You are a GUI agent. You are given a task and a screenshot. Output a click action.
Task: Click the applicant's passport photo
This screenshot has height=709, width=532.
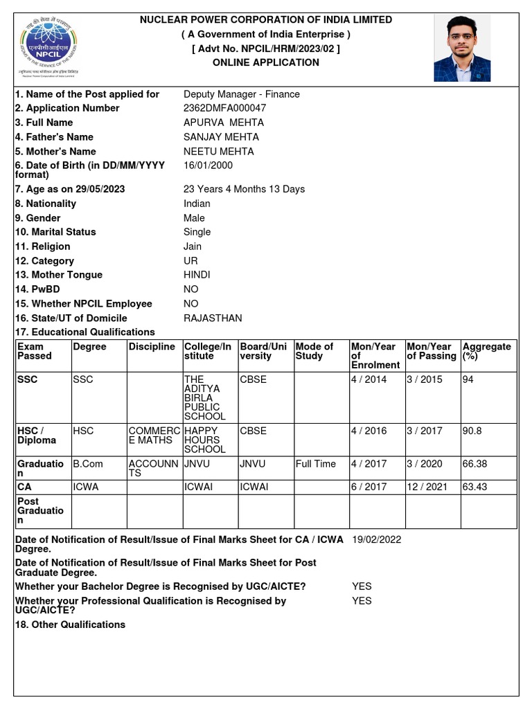click(x=462, y=48)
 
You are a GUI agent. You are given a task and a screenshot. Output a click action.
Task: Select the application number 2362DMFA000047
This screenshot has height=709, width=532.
click(x=224, y=108)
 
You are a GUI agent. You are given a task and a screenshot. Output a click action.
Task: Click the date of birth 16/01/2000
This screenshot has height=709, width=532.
click(x=208, y=165)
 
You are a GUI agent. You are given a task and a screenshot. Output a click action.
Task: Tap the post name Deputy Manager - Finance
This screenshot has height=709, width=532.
click(x=241, y=94)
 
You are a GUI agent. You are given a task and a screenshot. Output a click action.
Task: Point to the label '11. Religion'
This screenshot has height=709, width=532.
click(x=42, y=246)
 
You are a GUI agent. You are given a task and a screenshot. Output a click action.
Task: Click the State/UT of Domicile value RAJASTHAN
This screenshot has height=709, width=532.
click(x=213, y=318)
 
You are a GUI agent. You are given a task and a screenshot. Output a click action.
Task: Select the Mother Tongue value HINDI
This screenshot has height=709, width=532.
click(x=197, y=275)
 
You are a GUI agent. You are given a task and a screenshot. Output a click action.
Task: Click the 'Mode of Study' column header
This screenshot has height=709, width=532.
click(x=314, y=351)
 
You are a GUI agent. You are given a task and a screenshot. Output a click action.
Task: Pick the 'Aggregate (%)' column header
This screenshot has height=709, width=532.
click(x=486, y=351)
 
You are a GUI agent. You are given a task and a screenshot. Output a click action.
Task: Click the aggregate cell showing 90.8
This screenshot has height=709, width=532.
click(x=472, y=431)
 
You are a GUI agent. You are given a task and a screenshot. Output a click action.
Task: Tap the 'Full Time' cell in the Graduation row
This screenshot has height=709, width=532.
click(x=315, y=464)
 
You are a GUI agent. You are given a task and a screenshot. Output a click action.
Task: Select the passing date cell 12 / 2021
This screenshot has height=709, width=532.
click(x=424, y=487)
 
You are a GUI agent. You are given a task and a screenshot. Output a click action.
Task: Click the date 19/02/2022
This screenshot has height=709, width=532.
click(x=376, y=539)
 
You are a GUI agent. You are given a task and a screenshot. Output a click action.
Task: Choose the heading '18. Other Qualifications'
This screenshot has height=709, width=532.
click(x=70, y=625)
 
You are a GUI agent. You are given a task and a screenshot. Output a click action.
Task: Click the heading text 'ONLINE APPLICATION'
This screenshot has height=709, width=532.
click(x=265, y=62)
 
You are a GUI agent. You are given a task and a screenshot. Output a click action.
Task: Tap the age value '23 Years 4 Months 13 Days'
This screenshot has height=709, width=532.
click(x=244, y=189)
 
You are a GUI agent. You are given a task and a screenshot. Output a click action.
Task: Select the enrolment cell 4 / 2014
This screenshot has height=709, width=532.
click(x=369, y=379)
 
